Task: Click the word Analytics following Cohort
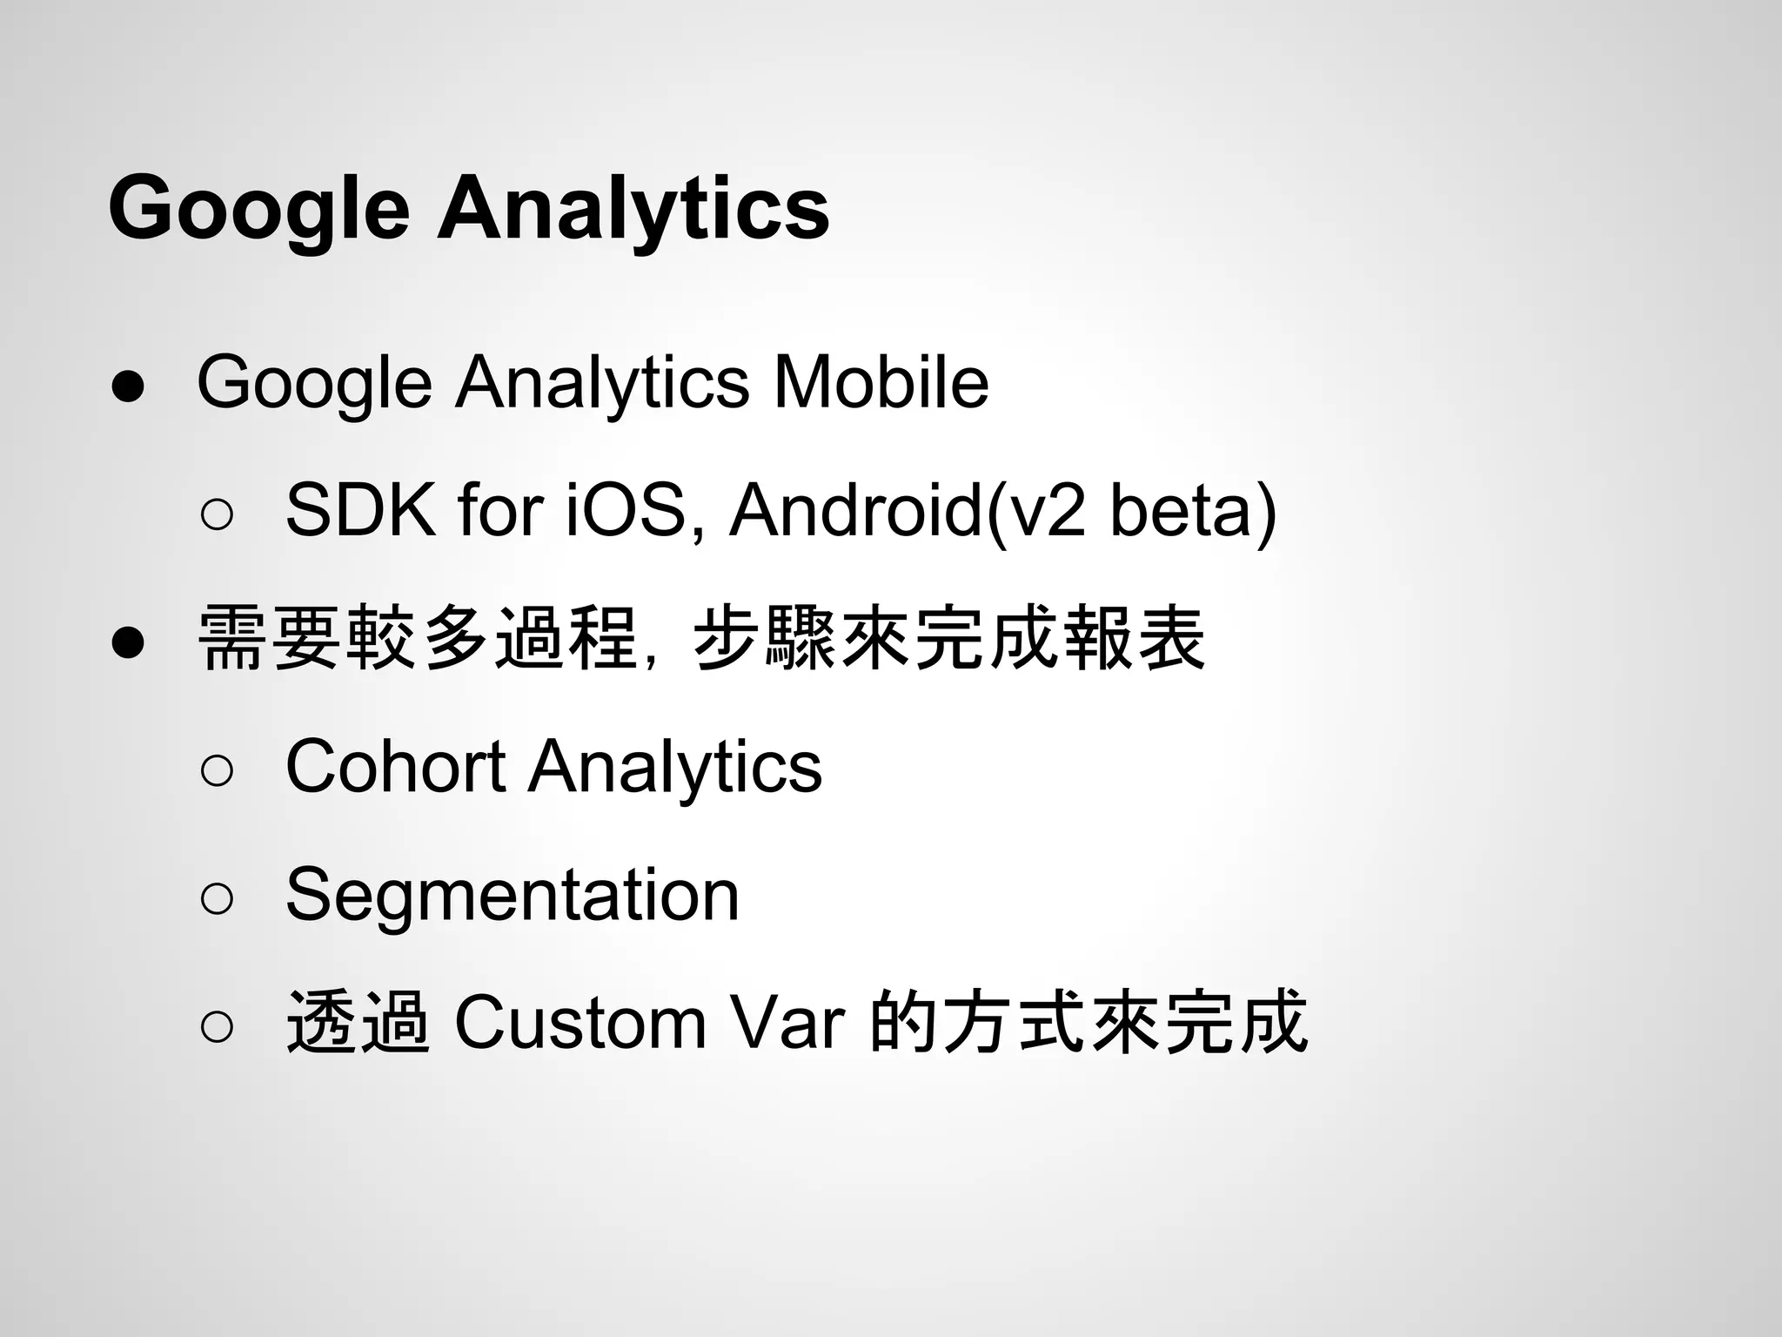tap(675, 766)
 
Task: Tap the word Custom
tap(579, 1023)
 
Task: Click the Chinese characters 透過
tap(358, 1023)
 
